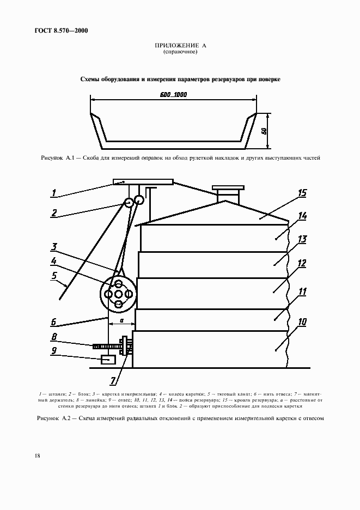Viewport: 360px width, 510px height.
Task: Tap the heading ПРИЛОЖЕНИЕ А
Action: click(x=180, y=46)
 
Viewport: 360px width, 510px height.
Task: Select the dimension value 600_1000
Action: click(x=174, y=94)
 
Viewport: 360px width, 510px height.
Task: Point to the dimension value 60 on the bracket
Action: click(x=264, y=131)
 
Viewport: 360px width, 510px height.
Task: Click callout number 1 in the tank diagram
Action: click(x=54, y=192)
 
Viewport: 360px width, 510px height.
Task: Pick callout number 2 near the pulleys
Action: click(x=54, y=213)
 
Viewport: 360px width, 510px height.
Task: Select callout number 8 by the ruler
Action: click(x=54, y=336)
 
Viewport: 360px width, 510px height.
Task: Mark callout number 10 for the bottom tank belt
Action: click(x=302, y=322)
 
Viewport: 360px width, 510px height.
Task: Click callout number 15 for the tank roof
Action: click(x=302, y=193)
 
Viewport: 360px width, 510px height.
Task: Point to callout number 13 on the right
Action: click(x=302, y=239)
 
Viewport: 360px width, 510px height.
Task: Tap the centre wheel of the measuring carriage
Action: click(x=118, y=294)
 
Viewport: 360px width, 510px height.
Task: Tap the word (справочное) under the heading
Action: click(x=180, y=52)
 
